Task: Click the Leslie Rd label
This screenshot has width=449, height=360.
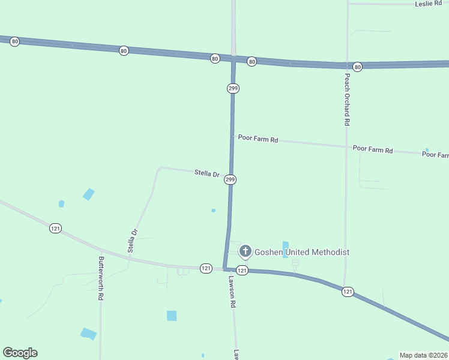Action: click(429, 4)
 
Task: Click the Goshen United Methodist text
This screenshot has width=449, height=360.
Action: click(302, 252)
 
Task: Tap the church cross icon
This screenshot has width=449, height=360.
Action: click(245, 251)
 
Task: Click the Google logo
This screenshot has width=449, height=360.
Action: click(20, 352)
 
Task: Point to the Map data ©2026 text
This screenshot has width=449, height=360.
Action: click(424, 355)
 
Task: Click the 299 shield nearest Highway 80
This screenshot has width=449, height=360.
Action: click(234, 88)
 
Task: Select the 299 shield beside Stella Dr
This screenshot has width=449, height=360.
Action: click(230, 179)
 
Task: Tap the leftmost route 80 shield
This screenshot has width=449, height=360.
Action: click(15, 41)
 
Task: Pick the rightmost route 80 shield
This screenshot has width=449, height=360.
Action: click(358, 67)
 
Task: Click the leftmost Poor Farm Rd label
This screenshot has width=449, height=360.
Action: click(258, 139)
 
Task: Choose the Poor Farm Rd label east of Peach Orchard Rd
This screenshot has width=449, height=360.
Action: click(373, 149)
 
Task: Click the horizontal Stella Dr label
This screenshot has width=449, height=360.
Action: click(207, 173)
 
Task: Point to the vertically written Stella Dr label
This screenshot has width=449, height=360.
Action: click(134, 239)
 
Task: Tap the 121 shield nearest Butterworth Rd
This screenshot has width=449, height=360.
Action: click(55, 228)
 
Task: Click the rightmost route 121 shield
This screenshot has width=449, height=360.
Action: click(348, 292)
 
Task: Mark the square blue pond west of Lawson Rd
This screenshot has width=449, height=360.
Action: click(172, 316)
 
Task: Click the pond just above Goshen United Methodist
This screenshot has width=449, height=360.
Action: click(285, 245)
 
